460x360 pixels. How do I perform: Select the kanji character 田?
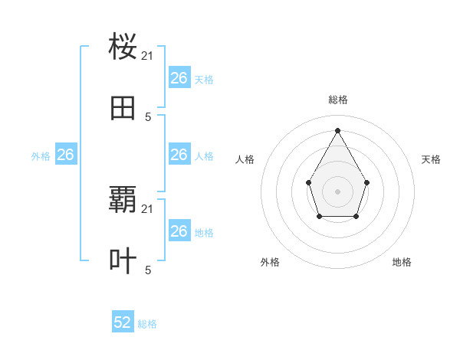coord(123,108)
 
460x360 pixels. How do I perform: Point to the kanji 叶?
coord(123,261)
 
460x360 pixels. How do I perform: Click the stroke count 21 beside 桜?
coord(148,56)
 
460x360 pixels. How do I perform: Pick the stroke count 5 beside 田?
coord(148,116)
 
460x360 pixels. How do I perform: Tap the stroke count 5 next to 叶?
coord(148,270)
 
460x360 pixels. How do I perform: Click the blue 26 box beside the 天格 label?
coord(179,78)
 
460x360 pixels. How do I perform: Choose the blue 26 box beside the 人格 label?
coord(179,155)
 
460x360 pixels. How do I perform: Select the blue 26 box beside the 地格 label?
coord(179,231)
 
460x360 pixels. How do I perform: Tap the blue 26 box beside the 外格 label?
coord(65,155)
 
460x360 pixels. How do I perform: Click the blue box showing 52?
coord(123,322)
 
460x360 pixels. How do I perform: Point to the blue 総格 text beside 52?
coord(147,324)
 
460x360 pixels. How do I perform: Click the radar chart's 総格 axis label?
coord(338,100)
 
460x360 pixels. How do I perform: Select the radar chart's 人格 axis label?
coord(245,159)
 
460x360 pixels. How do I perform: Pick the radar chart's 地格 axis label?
coord(402,262)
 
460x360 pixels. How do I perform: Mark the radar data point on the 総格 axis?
coord(337,129)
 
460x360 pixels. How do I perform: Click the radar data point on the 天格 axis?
coord(367,182)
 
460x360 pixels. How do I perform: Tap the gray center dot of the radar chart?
coord(337,191)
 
